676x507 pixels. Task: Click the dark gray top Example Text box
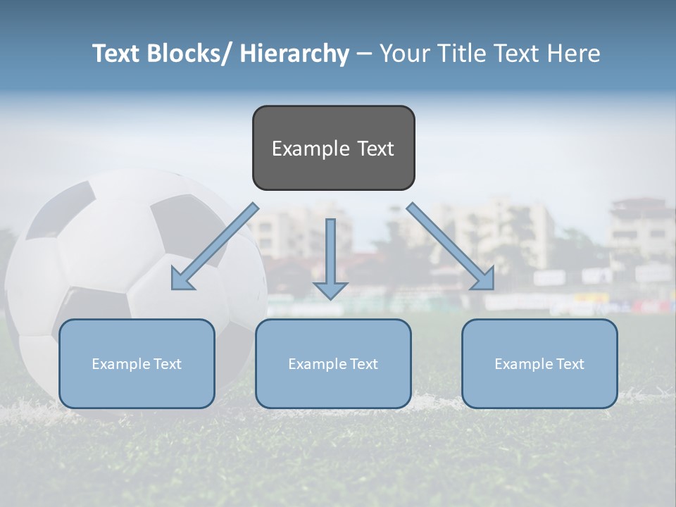pos(333,148)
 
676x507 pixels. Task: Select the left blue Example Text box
pos(137,363)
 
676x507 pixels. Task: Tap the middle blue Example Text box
pos(333,363)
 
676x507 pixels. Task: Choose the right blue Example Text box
pos(539,363)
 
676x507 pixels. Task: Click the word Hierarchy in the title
pos(294,54)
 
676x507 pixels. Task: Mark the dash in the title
pos(364,54)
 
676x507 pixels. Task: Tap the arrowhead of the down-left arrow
pos(182,280)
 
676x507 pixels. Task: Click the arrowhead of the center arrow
pos(330,289)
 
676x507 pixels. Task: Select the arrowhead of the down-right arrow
pos(484,280)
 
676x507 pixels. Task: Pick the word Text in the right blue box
pos(570,363)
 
